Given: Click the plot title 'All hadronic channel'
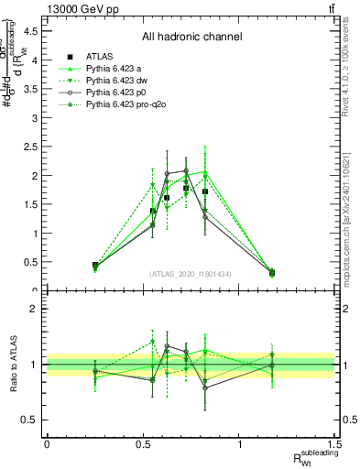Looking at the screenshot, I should [191, 38].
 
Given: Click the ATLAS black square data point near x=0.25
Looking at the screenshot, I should [95, 266].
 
